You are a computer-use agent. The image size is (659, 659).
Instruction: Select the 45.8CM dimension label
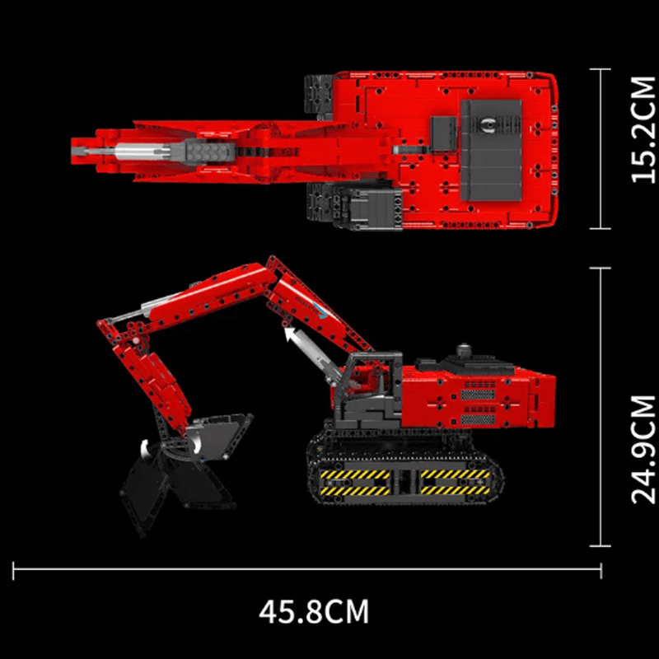click(314, 612)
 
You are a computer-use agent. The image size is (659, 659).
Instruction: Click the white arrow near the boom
click(289, 334)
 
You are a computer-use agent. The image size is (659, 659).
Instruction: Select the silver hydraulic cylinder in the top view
click(144, 152)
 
